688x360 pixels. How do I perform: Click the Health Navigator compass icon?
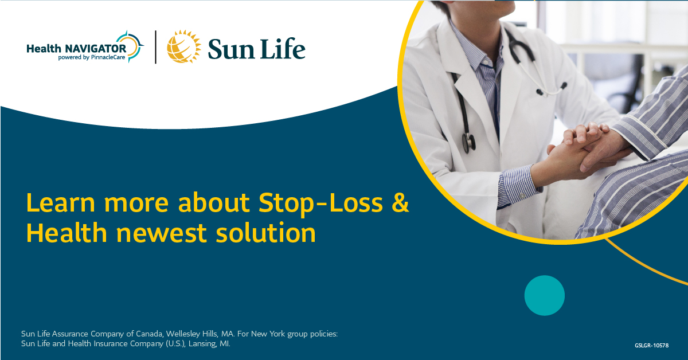134,46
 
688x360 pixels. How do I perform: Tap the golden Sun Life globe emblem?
184,46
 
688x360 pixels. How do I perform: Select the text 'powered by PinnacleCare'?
92,57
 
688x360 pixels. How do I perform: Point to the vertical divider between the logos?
155,47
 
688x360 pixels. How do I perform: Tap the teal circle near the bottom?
544,295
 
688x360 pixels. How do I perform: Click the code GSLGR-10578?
651,345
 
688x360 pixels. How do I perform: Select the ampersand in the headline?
401,204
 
